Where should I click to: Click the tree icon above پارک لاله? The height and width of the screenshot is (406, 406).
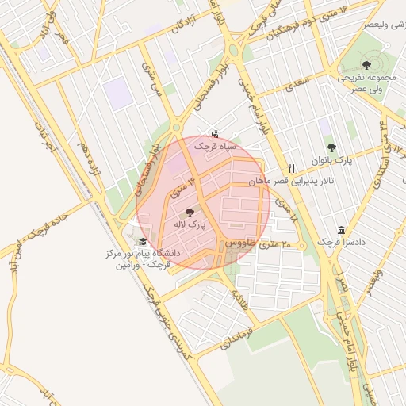coord(189,213)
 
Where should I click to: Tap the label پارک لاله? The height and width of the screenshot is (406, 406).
coord(190,225)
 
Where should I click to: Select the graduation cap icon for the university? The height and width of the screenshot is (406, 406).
coord(143,242)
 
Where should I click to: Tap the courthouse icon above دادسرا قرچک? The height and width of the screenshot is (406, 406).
coord(341,229)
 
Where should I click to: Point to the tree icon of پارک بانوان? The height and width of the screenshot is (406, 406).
coord(331,147)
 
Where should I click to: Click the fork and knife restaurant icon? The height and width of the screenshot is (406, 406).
coord(292,168)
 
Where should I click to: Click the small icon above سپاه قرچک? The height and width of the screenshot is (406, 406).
coord(215,133)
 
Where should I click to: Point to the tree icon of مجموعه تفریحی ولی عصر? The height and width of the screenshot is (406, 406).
coord(366,65)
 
